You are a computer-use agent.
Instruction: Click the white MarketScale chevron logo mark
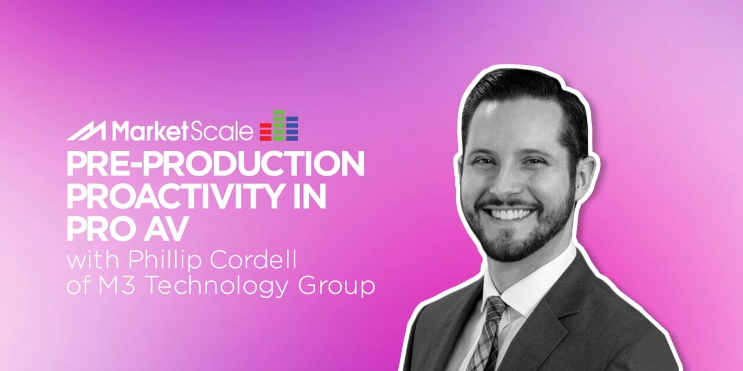click(x=85, y=132)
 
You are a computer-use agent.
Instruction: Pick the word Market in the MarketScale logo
click(x=149, y=132)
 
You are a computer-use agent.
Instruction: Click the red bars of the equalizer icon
click(x=266, y=133)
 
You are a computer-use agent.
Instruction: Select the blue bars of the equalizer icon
click(x=292, y=129)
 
